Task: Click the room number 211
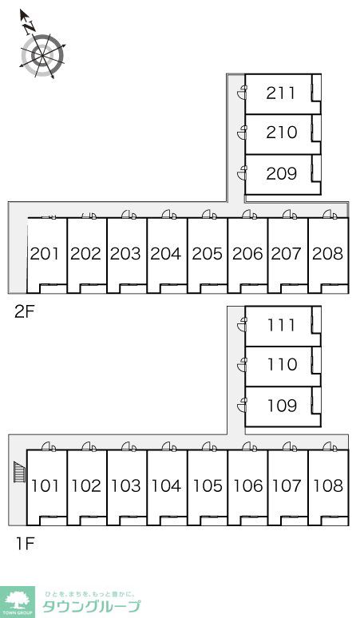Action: tap(280, 93)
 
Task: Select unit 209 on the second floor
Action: tap(281, 173)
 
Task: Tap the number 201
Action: tap(45, 254)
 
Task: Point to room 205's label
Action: tap(208, 254)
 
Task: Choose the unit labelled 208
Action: tap(328, 254)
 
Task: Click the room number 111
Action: tap(281, 325)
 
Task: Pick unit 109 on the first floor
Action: tap(282, 405)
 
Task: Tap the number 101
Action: tap(45, 485)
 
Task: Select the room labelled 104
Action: tap(166, 485)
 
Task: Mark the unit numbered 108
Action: tap(328, 485)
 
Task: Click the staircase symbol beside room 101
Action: tap(19, 472)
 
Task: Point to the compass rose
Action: tap(42, 50)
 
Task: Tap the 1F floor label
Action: tap(26, 544)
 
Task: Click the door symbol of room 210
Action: tap(242, 133)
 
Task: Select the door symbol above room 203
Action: tap(129, 215)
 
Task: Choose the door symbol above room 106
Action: tap(249, 446)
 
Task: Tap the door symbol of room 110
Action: tap(242, 365)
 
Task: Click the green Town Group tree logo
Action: tap(18, 602)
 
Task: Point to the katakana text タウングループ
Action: tap(91, 606)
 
